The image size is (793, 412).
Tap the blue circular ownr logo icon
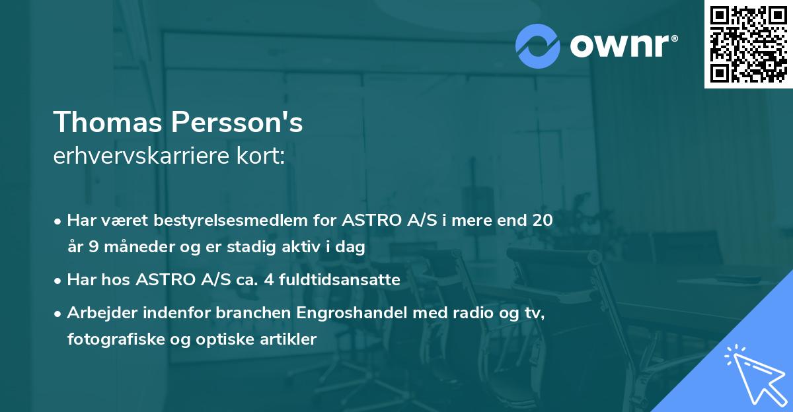point(538,46)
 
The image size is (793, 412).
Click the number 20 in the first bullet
point(541,221)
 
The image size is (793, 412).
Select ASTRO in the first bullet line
point(369,221)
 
